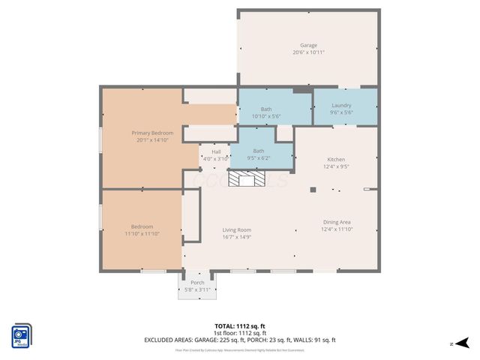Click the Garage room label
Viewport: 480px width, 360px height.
[308, 45]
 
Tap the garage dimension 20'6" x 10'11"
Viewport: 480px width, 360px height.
[308, 52]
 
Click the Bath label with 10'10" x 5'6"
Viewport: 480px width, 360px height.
[266, 109]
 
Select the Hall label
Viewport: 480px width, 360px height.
[215, 152]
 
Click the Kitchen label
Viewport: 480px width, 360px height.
[335, 159]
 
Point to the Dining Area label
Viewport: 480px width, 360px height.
[337, 222]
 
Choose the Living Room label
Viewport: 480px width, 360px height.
[236, 229]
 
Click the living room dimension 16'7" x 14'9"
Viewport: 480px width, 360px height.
[236, 237]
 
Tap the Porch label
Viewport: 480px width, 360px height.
[197, 283]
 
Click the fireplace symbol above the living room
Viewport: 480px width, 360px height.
[247, 178]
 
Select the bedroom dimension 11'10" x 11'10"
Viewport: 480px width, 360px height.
[142, 234]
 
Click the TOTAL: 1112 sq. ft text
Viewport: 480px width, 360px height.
[239, 326]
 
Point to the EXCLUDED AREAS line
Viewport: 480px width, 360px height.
[239, 340]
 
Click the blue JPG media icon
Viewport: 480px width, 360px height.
[21, 336]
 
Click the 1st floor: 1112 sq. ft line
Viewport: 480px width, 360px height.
[239, 333]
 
